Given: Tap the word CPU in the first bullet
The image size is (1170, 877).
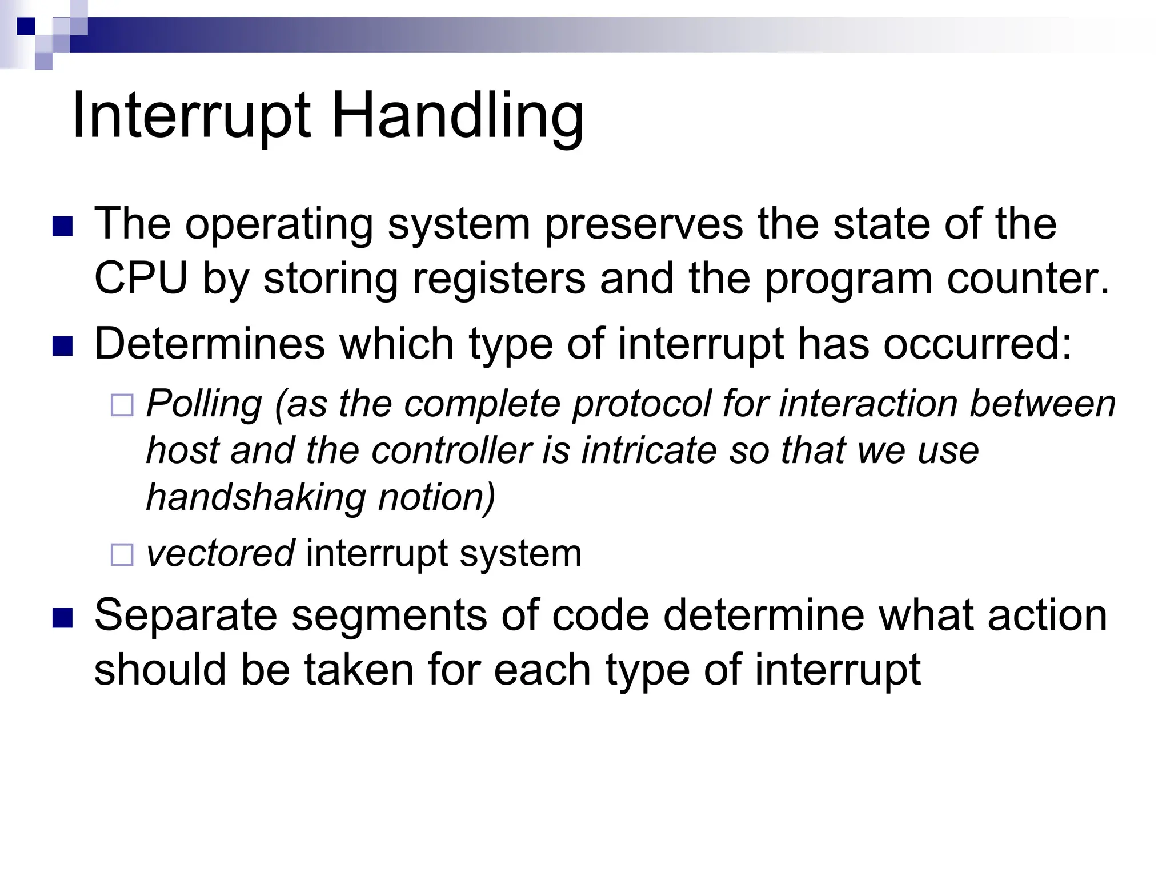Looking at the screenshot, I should [x=141, y=279].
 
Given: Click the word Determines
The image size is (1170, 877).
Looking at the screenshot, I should [x=209, y=344].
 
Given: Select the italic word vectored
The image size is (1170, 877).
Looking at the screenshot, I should [x=221, y=553].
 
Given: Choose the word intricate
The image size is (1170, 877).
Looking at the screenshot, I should [x=648, y=450].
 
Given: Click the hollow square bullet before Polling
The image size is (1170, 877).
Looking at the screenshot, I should [x=122, y=405].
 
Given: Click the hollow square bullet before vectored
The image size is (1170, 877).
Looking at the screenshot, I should [x=122, y=554].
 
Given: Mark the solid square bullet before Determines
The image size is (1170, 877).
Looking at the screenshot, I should [x=62, y=347].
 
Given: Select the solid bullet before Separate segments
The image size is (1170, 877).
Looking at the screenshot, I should [x=62, y=618].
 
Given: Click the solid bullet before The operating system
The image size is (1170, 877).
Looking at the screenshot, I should [x=62, y=226].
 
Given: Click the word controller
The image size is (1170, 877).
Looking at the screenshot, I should [x=451, y=450].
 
